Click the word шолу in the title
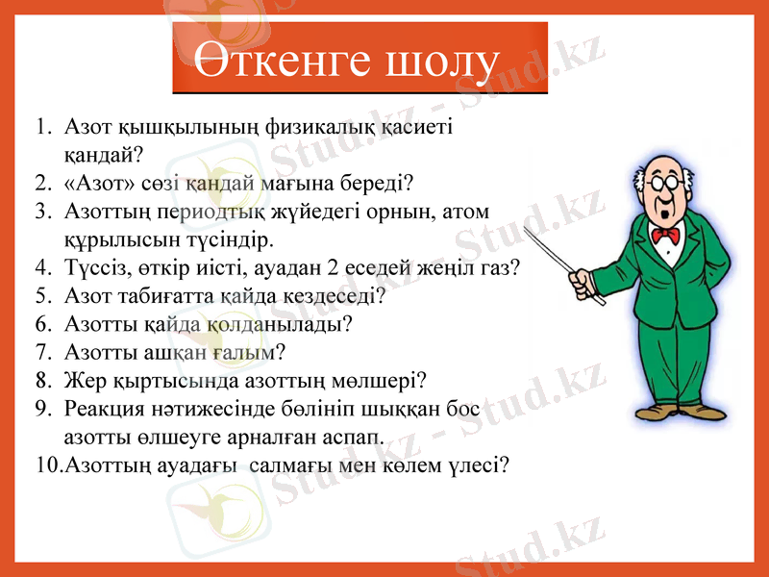(x=440, y=63)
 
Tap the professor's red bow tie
(x=664, y=234)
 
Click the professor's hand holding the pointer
(x=579, y=283)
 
